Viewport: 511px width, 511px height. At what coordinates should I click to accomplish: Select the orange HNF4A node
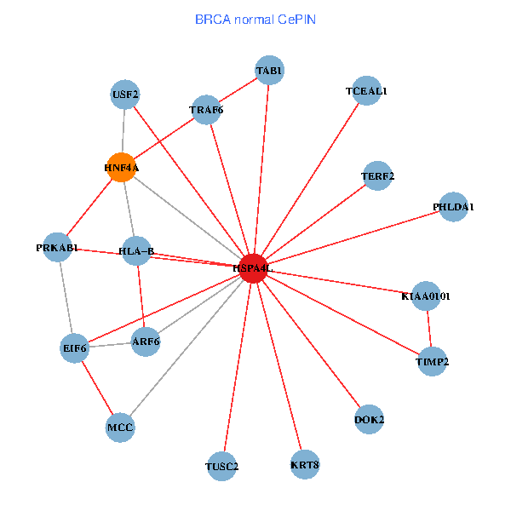coord(123,168)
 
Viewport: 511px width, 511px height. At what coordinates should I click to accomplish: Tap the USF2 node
coord(125,95)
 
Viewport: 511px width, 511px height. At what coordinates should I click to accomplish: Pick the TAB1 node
coord(270,71)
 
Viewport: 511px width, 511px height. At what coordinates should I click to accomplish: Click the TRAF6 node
coord(206,110)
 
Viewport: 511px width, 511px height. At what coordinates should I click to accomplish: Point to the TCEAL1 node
coord(366,91)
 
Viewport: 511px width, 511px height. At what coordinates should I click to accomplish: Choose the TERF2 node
coord(377,176)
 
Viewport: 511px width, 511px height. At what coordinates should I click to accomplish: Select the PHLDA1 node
coord(453,207)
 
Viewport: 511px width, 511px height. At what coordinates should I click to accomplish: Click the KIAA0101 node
coord(426,296)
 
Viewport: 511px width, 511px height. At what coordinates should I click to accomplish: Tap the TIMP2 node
coord(432,362)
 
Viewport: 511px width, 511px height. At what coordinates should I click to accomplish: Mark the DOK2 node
coord(369,419)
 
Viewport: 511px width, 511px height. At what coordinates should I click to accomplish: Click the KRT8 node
coord(304,464)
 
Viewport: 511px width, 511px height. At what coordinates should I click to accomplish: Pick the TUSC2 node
coord(222,466)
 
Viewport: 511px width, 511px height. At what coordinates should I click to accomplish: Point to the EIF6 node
coord(75,347)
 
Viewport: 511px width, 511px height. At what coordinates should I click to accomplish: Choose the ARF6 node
coord(146,342)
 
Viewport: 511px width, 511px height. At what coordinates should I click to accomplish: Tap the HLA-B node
coord(136,250)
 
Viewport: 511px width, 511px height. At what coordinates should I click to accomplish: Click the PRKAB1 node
coord(57,248)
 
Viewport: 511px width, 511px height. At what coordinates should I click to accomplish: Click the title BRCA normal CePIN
coord(255,18)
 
